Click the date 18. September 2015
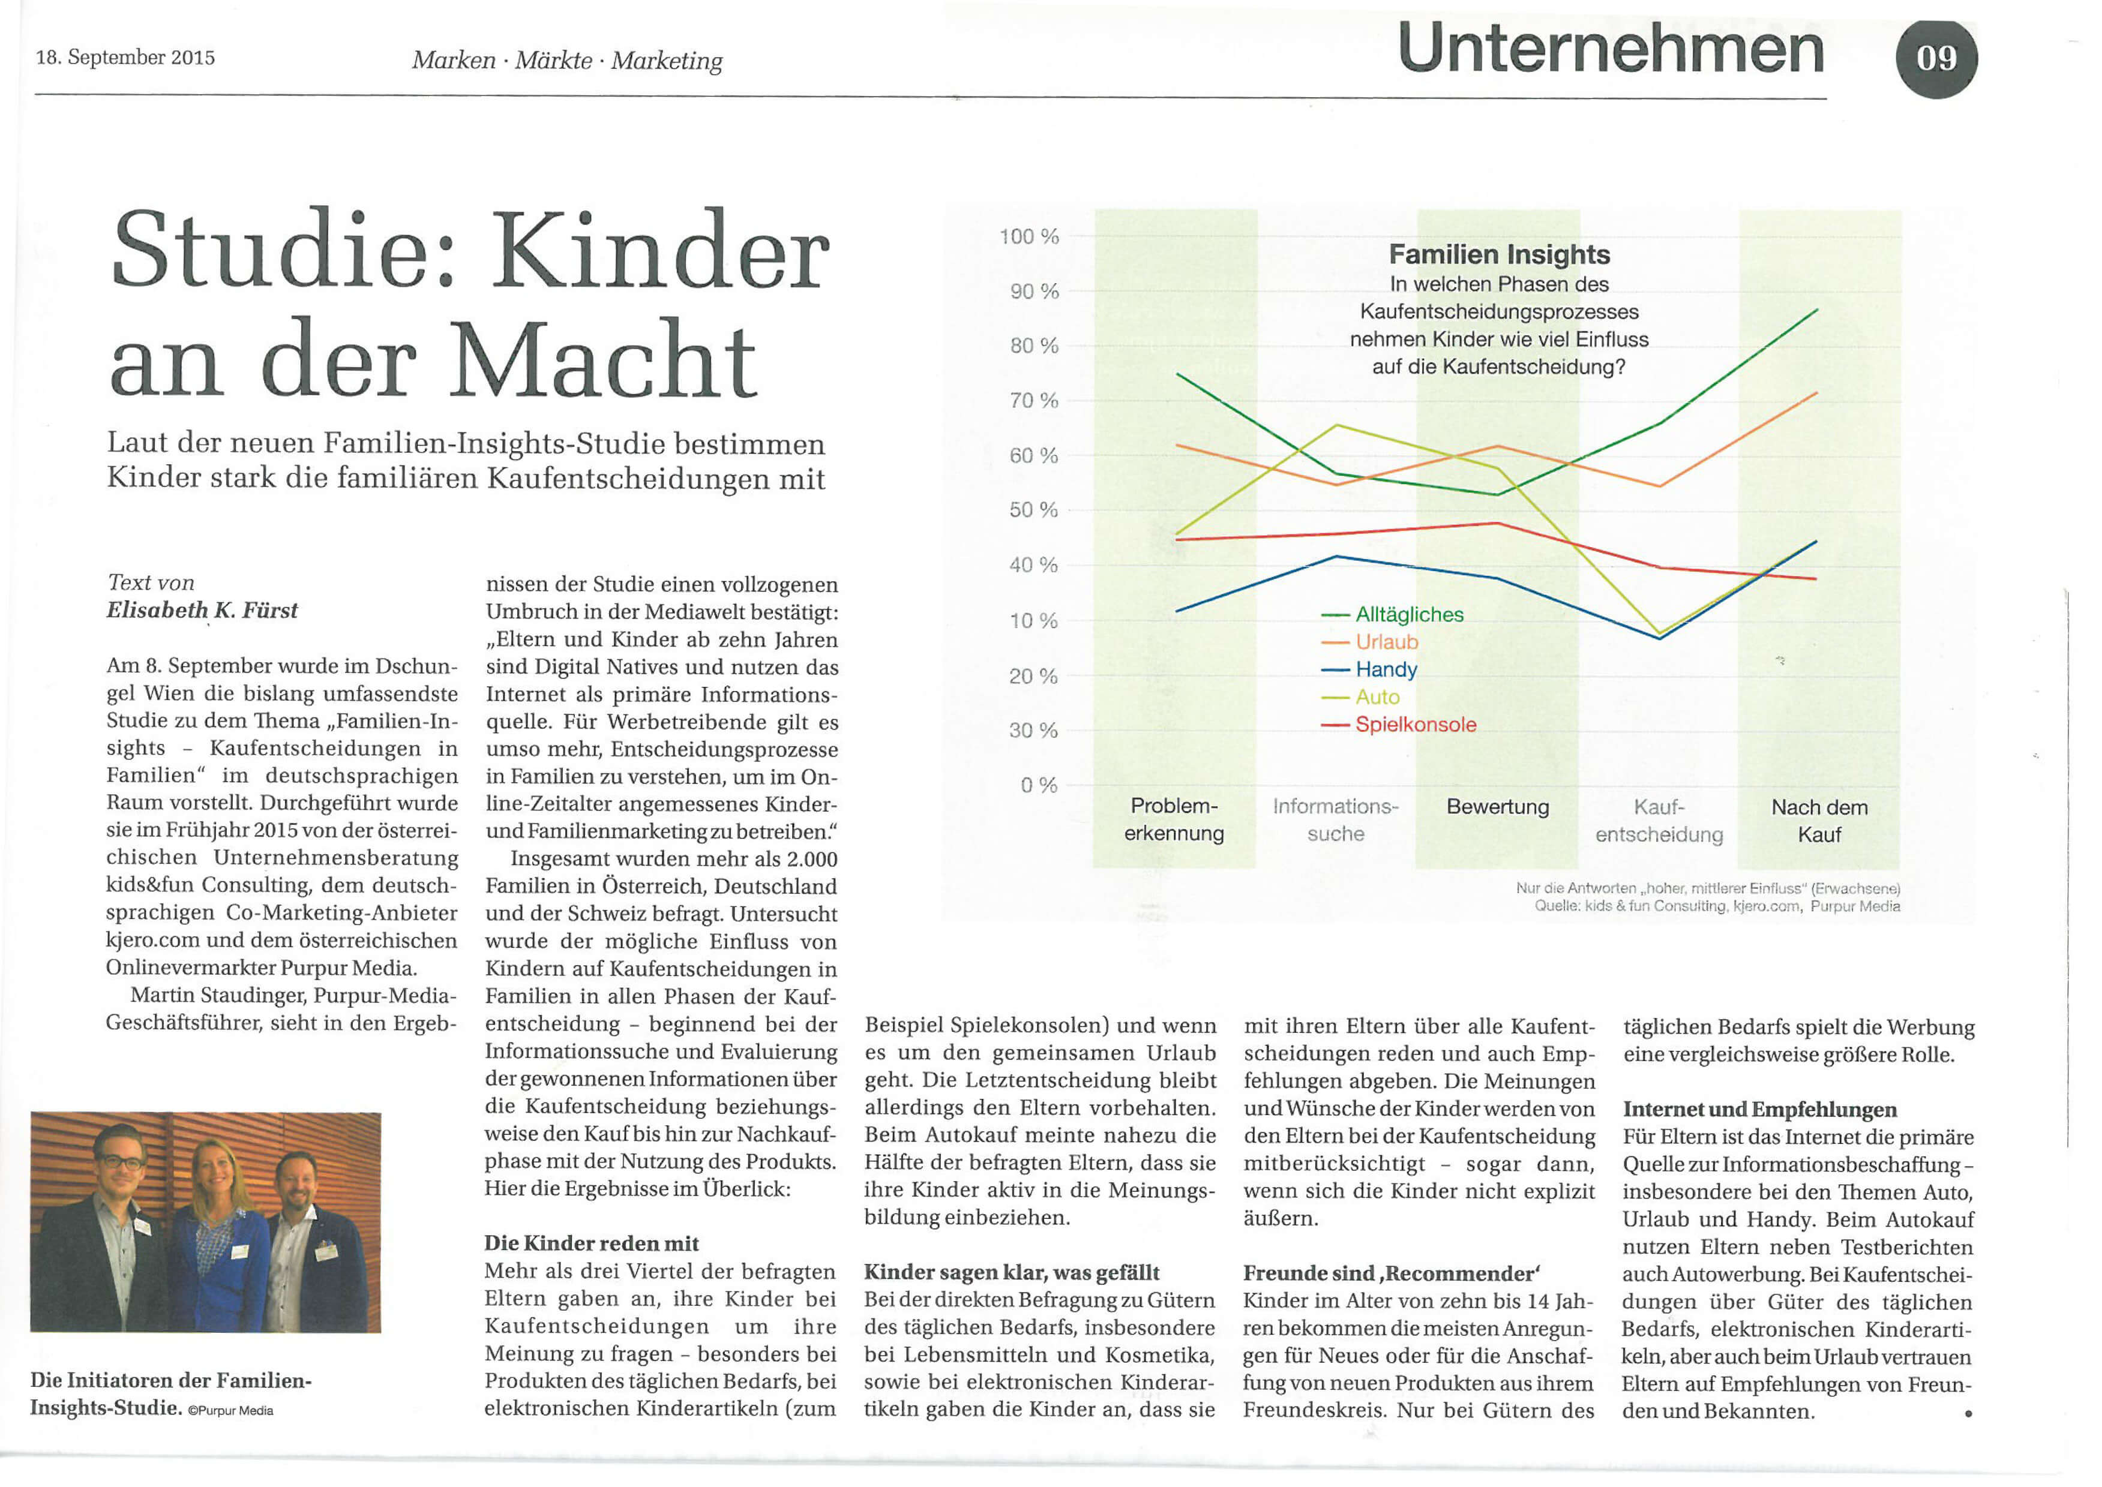pos(125,58)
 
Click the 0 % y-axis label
pos(1039,785)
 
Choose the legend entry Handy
pos(1386,669)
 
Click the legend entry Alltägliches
pos(1409,614)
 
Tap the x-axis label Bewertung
pos(1498,807)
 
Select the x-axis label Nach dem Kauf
pos(1819,821)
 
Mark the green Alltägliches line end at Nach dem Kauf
pos(1817,310)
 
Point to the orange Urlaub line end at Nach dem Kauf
pos(1817,393)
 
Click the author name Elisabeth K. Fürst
pos(202,610)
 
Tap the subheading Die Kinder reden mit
pos(591,1243)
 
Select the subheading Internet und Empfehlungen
pos(1759,1110)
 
